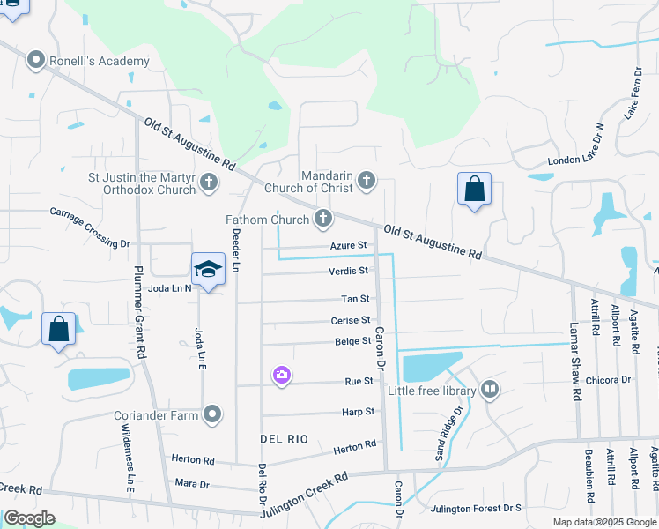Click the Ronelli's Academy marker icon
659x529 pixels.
pyautogui.click(x=36, y=61)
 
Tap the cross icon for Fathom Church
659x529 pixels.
pyautogui.click(x=323, y=219)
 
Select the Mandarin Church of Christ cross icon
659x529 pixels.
pyautogui.click(x=367, y=183)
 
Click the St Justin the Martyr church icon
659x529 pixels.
pyautogui.click(x=208, y=183)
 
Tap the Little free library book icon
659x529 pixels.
pyautogui.click(x=489, y=389)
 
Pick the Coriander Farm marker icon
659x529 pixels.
pyautogui.click(x=212, y=414)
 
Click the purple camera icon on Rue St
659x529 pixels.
pyautogui.click(x=281, y=376)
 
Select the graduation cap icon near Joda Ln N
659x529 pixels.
pyautogui.click(x=208, y=268)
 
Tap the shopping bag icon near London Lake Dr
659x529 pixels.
pyautogui.click(x=474, y=189)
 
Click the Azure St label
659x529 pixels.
pyautogui.click(x=348, y=245)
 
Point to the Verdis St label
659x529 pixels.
pyautogui.click(x=350, y=271)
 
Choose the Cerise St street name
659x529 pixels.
pyautogui.click(x=351, y=320)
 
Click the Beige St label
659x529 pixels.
pyautogui.click(x=353, y=341)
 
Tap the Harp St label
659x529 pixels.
pyautogui.click(x=358, y=412)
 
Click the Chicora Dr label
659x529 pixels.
pyautogui.click(x=613, y=380)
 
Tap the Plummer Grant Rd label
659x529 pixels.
pyautogui.click(x=139, y=299)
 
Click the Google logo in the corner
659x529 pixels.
pyautogui.click(x=29, y=518)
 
